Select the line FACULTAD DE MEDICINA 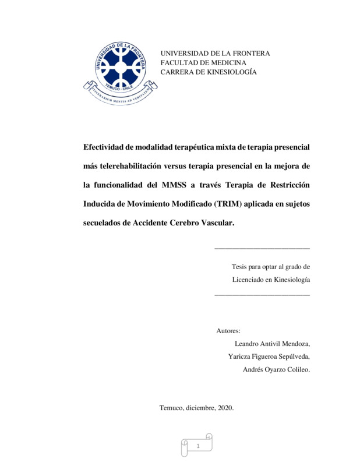point(203,62)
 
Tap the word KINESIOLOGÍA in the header point(227,72)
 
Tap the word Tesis point(241,267)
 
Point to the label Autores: point(228,331)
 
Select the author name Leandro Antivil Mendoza point(271,344)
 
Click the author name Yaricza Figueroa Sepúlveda point(269,356)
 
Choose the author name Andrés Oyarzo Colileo point(276,369)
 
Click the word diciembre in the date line point(200,408)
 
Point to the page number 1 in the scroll point(198,446)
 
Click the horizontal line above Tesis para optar point(262,249)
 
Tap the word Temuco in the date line point(171,408)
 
